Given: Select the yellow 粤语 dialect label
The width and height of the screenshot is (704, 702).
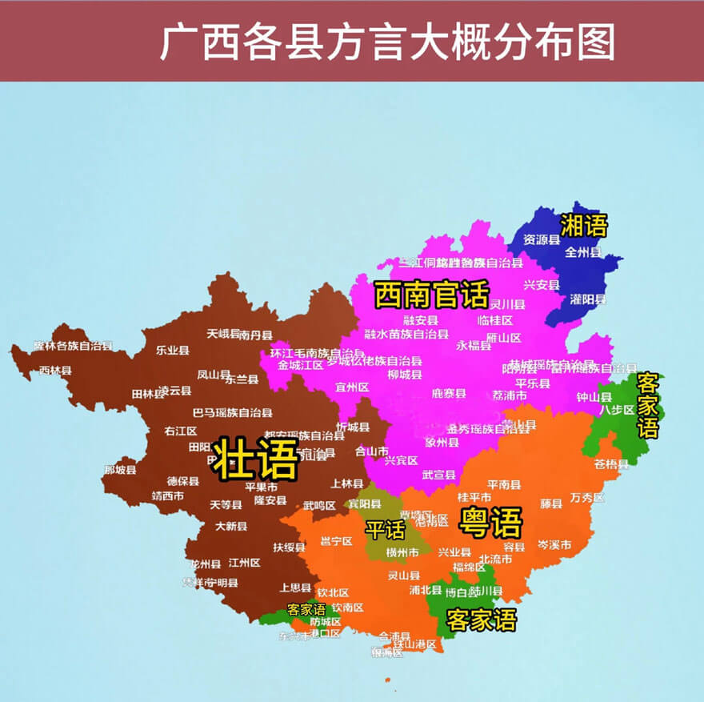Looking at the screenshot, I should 490,523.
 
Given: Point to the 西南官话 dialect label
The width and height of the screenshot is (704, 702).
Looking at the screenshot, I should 431,295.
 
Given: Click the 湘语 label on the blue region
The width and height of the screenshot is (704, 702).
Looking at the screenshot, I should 583,226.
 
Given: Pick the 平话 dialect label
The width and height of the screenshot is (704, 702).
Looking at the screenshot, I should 386,529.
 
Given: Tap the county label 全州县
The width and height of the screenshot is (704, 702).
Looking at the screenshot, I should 582,251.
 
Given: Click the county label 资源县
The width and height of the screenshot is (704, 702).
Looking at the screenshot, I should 542,239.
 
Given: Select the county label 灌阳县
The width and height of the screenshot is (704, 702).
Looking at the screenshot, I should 588,299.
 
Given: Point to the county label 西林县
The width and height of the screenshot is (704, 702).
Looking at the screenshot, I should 55,371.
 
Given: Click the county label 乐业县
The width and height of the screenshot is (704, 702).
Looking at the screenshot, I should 172,350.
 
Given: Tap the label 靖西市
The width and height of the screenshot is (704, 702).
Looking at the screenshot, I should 167,495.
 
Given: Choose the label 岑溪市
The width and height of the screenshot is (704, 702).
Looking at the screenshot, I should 554,545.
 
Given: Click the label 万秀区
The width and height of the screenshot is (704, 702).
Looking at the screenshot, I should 587,498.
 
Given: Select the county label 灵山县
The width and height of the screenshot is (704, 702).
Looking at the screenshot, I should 403,575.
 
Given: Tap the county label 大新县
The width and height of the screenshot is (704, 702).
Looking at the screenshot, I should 231,526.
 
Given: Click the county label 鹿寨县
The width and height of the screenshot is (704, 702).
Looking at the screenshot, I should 448,393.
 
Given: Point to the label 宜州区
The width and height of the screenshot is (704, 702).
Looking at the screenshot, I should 352,387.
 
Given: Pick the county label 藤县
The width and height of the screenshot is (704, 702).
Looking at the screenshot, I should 551,503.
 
